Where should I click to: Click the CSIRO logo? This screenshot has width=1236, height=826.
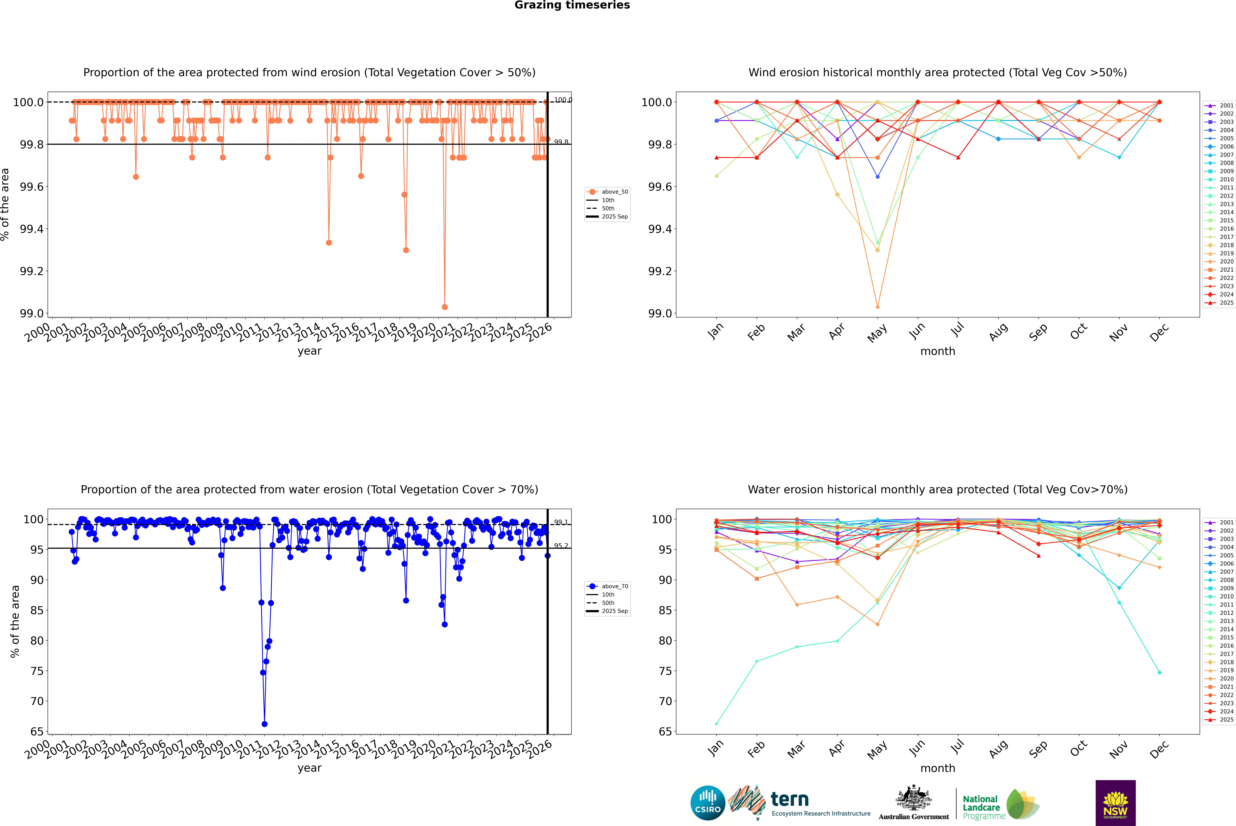click(x=708, y=803)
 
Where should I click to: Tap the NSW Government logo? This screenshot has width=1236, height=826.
click(x=1115, y=803)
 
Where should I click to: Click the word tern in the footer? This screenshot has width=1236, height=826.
click(x=789, y=799)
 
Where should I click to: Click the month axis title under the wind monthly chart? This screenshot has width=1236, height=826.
click(x=937, y=351)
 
